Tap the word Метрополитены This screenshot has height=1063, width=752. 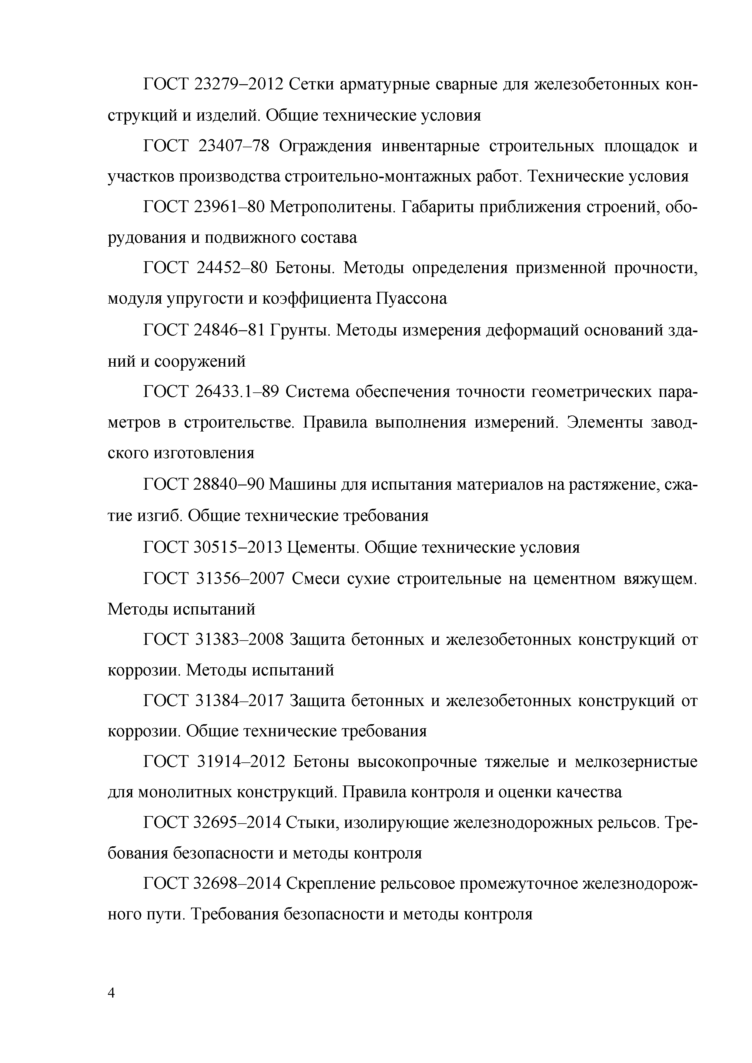click(x=333, y=207)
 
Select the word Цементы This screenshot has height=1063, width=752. click(x=323, y=548)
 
